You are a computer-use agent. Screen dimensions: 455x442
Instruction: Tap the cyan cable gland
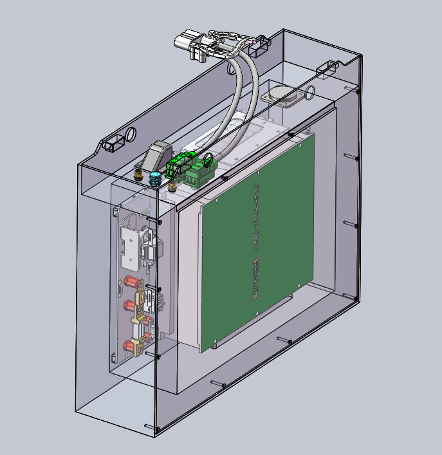point(154,178)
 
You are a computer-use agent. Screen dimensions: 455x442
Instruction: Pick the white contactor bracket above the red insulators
point(131,247)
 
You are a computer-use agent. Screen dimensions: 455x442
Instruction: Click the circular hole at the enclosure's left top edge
point(131,135)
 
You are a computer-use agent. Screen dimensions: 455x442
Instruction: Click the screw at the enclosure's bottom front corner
point(157,430)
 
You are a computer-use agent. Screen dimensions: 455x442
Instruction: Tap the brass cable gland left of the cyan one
point(138,172)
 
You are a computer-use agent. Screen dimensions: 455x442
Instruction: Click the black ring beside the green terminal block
point(209,159)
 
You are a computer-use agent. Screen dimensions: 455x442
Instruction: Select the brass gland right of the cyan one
point(173,187)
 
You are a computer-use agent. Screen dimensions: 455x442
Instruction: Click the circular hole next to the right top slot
point(311,90)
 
